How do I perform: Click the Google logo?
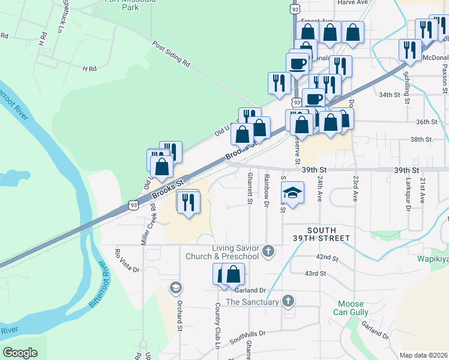20,352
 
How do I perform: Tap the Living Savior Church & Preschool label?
235,252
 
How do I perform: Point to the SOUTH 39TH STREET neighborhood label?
328,235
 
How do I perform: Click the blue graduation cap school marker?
292,193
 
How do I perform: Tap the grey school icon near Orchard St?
175,287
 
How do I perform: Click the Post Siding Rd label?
171,54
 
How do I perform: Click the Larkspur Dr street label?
407,198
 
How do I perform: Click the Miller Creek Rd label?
148,223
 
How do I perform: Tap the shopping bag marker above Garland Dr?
233,274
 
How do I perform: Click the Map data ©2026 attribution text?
423,356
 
